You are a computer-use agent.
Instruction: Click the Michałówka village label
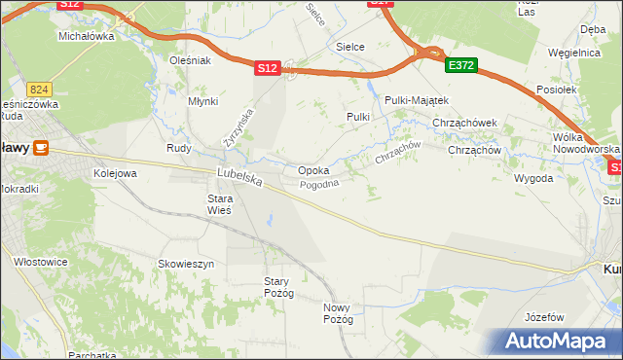pyautogui.click(x=87, y=36)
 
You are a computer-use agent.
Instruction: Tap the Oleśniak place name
pyautogui.click(x=190, y=60)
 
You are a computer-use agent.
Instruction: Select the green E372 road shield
pyautogui.click(x=460, y=65)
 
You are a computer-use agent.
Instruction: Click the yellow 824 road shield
pyautogui.click(x=39, y=88)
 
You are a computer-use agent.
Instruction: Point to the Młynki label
pyautogui.click(x=202, y=101)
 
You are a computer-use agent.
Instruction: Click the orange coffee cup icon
pyautogui.click(x=41, y=147)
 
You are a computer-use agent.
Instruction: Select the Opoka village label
pyautogui.click(x=312, y=170)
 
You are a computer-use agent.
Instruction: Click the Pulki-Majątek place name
pyautogui.click(x=416, y=100)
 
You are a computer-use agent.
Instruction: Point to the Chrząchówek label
pyautogui.click(x=464, y=124)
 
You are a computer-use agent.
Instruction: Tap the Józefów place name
pyautogui.click(x=544, y=318)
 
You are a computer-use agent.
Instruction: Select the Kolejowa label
pyautogui.click(x=115, y=173)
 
